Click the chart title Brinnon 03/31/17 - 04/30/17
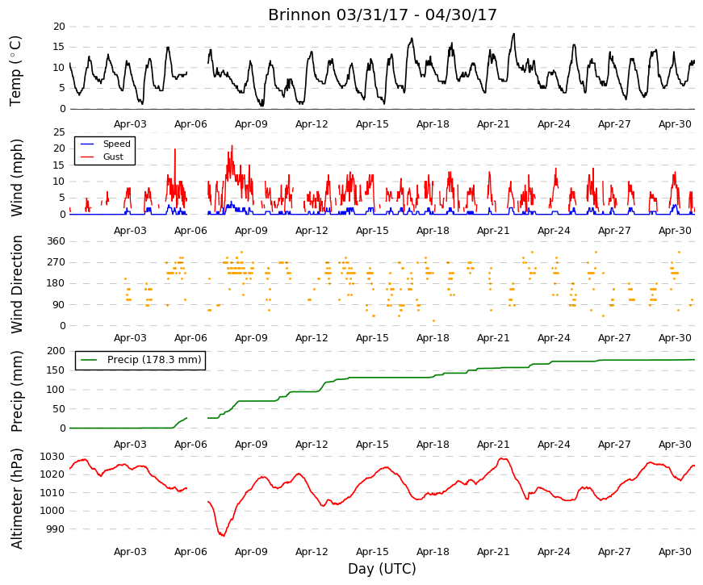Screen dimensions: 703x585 coord(383,15)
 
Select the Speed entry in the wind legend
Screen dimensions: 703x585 coord(116,144)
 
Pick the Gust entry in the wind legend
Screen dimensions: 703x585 coord(113,157)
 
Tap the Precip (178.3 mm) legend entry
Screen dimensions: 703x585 coord(154,360)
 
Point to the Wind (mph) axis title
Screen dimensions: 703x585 coord(16,178)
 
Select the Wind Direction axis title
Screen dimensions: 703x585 coord(16,285)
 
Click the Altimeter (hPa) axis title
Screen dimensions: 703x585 coord(16,499)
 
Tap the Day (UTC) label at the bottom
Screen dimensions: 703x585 coord(382,569)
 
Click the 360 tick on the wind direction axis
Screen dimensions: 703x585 coord(56,241)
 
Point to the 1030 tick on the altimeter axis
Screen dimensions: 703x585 coord(52,457)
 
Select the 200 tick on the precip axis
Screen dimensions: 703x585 coord(56,351)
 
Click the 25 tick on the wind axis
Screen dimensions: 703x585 coord(59,132)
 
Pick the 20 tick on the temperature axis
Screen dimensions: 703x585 coord(59,27)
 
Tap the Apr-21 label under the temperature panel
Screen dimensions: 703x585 coord(493,124)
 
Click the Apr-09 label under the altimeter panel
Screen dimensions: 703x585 coord(251,552)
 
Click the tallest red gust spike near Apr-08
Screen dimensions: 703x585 coord(232,146)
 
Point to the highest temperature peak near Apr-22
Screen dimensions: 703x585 coord(514,34)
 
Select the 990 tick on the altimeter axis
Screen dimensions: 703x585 coord(56,529)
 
